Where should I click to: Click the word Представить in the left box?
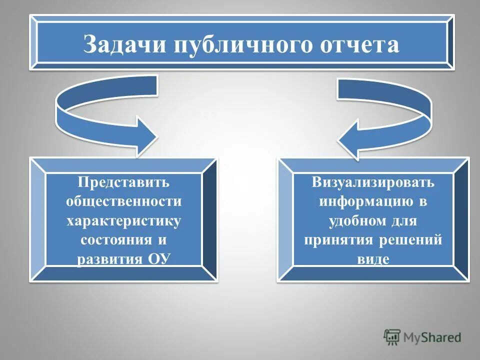[124, 182]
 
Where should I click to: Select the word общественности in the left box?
[124, 201]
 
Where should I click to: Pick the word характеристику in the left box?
[124, 220]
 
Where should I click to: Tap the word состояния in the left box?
[116, 239]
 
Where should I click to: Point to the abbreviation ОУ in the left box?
[158, 259]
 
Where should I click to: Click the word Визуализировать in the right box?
[373, 182]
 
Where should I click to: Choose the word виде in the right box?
[373, 259]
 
